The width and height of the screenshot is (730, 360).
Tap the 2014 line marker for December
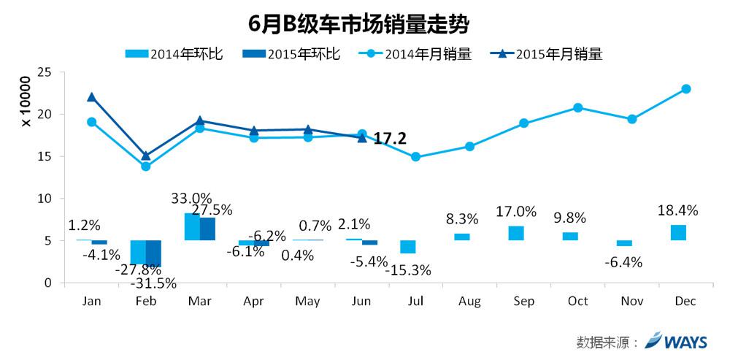coord(685,89)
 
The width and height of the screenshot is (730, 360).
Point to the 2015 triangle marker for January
coord(91,97)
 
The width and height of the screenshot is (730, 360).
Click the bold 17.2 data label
coord(390,138)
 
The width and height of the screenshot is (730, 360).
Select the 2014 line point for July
coord(415,156)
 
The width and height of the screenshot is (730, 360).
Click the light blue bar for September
coord(516,233)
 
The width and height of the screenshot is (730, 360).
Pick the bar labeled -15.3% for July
coord(407,247)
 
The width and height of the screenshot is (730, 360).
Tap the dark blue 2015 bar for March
coord(207,229)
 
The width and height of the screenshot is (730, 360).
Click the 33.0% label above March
coord(191,198)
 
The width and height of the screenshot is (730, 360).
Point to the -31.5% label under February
coord(155,283)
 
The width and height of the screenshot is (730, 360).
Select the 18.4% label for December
coord(678,210)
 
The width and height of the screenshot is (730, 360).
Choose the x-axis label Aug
coord(469,301)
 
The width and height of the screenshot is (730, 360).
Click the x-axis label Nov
coord(631,301)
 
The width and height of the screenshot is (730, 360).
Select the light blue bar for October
coord(570,236)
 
